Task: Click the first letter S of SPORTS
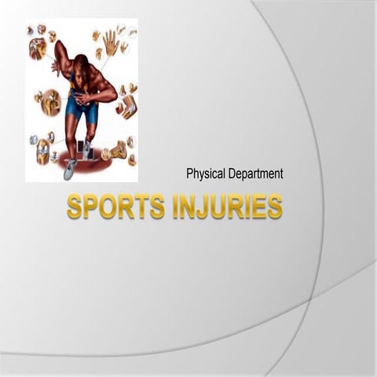coord(74,207)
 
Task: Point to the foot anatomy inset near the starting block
coord(118,150)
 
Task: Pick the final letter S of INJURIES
coord(274,207)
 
